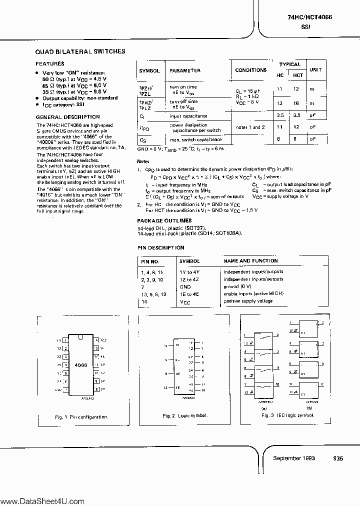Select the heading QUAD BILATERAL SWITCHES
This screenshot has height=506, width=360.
tap(80, 51)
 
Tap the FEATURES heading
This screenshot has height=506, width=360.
tap(49, 64)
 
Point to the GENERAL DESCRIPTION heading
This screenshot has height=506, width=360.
tap(61, 116)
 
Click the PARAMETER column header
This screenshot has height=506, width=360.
tap(184, 71)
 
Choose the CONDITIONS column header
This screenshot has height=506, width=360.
tap(251, 70)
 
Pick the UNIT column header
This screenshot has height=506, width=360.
tap(315, 70)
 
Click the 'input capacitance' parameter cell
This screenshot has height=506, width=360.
tap(188, 116)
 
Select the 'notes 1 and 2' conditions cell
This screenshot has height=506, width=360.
tap(250, 127)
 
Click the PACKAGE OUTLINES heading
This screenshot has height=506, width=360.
tap(164, 220)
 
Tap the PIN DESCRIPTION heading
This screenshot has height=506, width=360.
tap(160, 248)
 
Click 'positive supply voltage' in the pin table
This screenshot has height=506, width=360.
tap(248, 301)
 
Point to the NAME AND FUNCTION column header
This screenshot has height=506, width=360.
tap(250, 261)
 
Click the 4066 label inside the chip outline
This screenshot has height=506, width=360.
tap(80, 365)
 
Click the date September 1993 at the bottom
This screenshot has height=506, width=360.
tap(294, 458)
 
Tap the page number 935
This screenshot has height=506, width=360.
tap(338, 458)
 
